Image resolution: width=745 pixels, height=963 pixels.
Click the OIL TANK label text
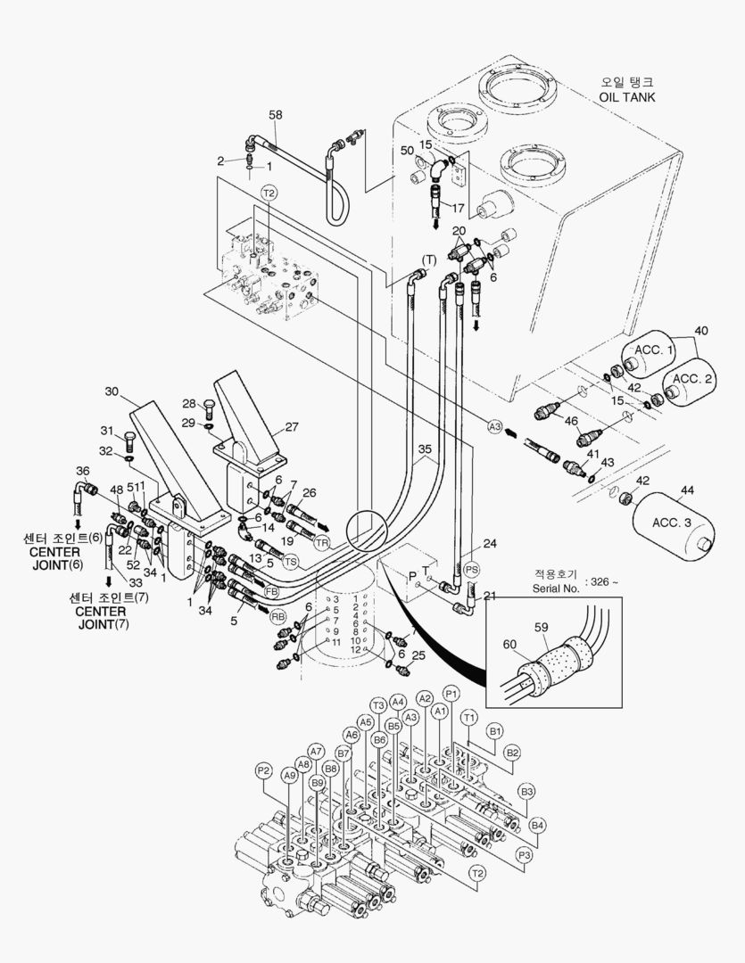click(x=626, y=96)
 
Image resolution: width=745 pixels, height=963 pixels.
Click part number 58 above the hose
click(x=276, y=115)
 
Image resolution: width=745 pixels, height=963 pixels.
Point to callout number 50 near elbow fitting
click(x=406, y=151)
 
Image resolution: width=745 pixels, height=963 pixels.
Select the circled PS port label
click(x=472, y=568)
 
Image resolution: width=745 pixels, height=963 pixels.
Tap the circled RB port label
click(x=278, y=616)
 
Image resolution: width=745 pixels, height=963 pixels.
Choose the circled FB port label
click(x=270, y=591)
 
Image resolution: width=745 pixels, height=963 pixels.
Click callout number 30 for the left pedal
click(x=112, y=391)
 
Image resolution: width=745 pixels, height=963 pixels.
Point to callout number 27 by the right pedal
click(x=293, y=426)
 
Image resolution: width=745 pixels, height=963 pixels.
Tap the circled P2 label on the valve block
click(x=263, y=770)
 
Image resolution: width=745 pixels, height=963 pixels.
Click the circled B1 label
click(x=496, y=732)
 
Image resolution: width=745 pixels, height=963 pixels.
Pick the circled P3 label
click(x=525, y=854)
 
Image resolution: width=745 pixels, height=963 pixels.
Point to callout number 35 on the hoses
click(x=425, y=449)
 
